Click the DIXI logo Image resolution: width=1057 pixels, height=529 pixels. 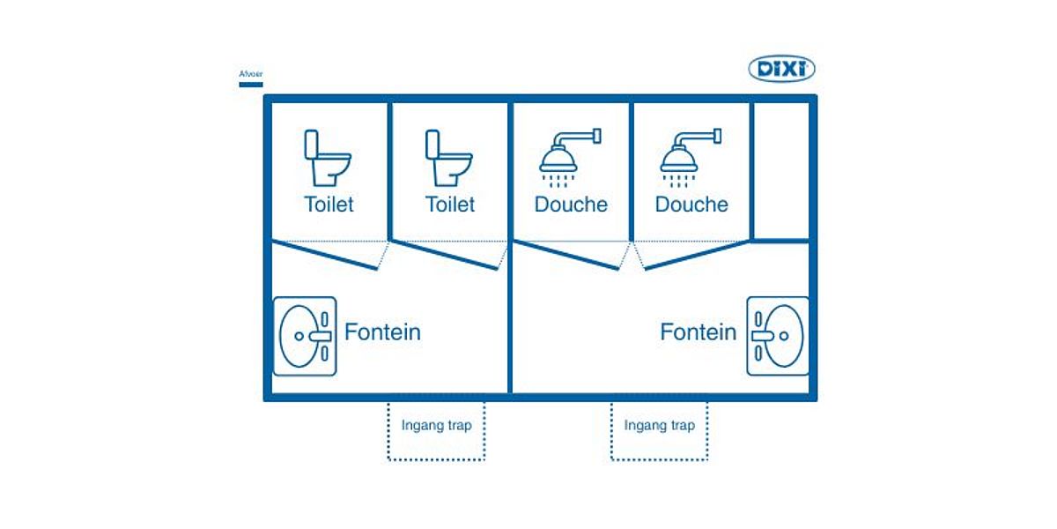pos(781,69)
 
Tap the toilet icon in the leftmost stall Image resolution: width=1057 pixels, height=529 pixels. pos(328,159)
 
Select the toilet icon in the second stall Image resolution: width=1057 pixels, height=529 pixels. pos(449,159)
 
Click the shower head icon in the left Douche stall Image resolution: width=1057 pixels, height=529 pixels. pos(569,155)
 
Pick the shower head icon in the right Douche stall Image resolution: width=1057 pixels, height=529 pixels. pos(691,155)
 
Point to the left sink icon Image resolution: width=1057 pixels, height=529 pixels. pos(305,336)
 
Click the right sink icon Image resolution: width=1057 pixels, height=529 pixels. pos(777,336)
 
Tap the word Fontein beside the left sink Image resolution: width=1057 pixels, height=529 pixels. pos(382,332)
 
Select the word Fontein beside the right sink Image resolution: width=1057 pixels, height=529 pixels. pos(698,332)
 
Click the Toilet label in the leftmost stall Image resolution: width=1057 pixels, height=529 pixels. pos(329,205)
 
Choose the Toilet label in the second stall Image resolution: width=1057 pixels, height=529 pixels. pos(450,205)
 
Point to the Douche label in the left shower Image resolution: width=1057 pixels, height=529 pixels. pos(571,205)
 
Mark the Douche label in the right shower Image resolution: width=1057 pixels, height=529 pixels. pos(691,205)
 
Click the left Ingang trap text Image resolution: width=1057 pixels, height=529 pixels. pos(436,425)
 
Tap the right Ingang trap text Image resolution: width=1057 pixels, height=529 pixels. pos(659,425)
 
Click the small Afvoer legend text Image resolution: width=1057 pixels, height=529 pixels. pos(251,74)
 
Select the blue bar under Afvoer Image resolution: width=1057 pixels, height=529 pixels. pos(251,85)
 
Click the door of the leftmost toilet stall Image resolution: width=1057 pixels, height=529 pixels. pos(326,255)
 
